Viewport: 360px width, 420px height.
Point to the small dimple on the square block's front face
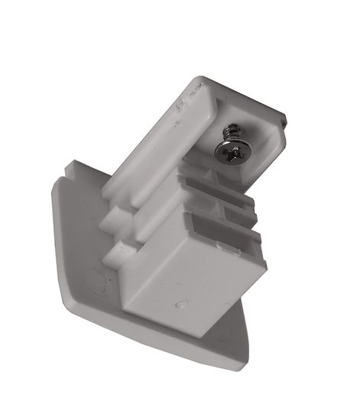point(179,303)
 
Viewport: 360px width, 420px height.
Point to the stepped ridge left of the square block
point(115,229)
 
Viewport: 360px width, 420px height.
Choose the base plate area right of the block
point(245,336)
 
